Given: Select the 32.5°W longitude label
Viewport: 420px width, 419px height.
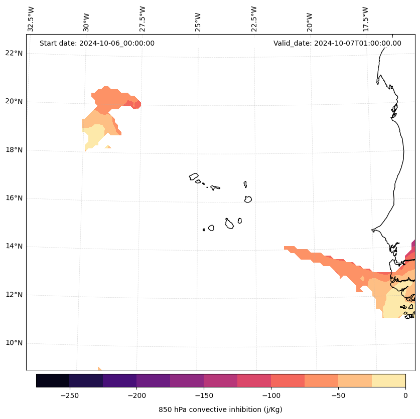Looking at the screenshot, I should (31, 19).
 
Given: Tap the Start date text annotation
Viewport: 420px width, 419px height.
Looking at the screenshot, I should (97, 43).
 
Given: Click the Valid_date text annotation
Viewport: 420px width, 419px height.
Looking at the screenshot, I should (337, 43).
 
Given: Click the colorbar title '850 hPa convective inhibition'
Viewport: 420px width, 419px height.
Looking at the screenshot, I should (220, 409).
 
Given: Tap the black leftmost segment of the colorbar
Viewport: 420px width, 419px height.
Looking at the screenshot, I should (53, 380).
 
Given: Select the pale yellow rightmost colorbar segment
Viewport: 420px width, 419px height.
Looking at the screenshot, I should (388, 380).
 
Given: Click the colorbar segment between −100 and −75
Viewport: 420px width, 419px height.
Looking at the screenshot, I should (288, 380).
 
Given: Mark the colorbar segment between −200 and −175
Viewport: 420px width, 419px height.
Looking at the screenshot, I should (153, 380).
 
